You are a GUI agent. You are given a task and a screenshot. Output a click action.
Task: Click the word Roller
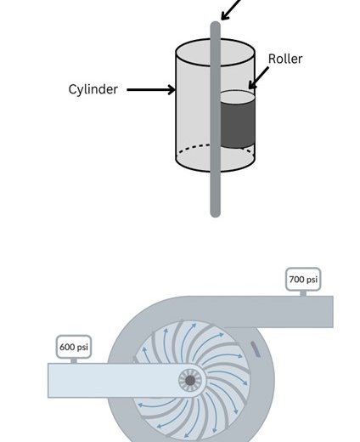(285, 59)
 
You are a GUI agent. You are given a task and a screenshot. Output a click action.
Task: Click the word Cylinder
(93, 89)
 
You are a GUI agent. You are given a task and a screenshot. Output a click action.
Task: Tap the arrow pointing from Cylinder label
(151, 90)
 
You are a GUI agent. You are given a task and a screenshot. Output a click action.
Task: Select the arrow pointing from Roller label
(259, 78)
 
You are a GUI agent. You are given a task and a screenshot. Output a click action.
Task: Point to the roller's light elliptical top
(238, 97)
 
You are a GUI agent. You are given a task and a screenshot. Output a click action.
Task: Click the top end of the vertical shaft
(216, 23)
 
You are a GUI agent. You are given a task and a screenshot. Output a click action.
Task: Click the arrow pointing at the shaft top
(231, 10)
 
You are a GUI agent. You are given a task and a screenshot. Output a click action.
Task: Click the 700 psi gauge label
(303, 280)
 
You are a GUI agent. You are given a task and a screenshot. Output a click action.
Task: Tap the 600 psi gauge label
(74, 347)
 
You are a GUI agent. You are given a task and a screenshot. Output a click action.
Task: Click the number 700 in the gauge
(296, 280)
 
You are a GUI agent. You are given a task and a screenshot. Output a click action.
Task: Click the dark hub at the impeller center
(190, 381)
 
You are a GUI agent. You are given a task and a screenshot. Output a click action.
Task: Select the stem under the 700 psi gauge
(303, 293)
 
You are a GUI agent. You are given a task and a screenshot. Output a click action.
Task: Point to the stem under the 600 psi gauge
(74, 361)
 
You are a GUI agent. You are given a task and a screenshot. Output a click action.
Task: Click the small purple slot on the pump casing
(255, 348)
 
